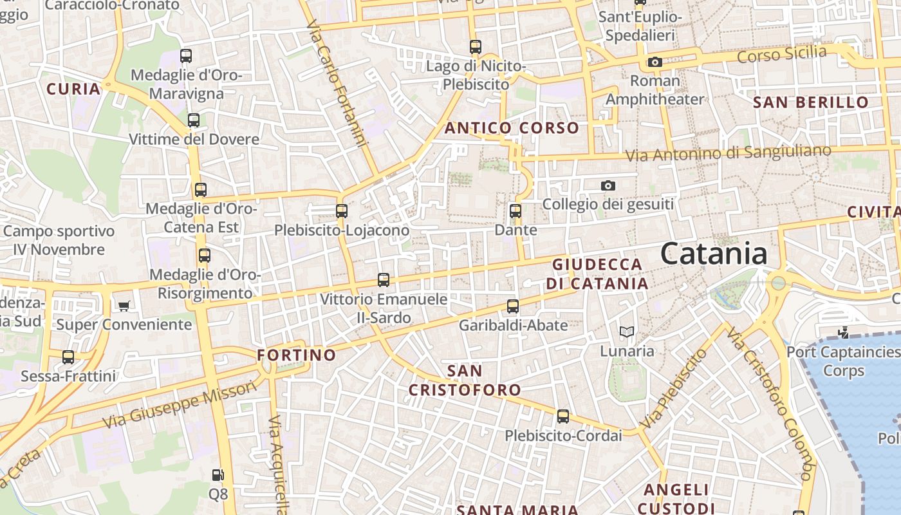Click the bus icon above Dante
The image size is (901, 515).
pos(515,211)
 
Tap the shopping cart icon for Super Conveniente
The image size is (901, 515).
pos(124,306)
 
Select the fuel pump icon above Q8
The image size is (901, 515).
pos(218,476)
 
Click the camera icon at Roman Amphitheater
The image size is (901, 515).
pos(655,62)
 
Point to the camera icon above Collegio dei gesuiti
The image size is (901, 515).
pos(608,186)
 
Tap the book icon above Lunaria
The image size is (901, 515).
pos(627,332)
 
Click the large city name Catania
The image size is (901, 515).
pos(714,254)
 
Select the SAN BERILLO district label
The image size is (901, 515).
pos(810,102)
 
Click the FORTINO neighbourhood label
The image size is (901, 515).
pos(296,355)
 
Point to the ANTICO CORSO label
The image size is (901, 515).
pos(512,127)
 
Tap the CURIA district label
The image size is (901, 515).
pos(73,89)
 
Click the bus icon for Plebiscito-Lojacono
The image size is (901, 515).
pos(342,211)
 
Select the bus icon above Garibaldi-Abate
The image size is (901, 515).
pos(513,306)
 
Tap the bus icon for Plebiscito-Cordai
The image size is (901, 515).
pos(563,416)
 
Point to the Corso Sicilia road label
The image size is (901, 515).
pos(781,55)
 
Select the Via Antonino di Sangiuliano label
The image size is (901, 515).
pos(728,153)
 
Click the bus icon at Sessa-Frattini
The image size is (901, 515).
pos(68,357)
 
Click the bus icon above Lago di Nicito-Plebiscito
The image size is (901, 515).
pos(476,46)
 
